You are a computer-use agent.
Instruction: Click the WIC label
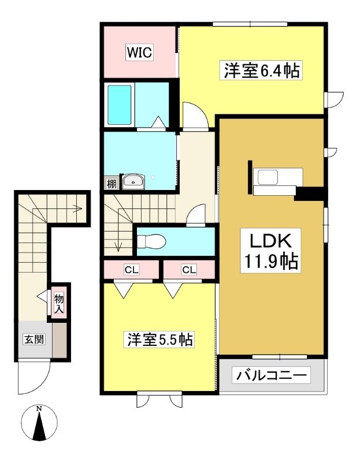(140, 53)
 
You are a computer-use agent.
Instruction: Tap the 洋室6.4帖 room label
(262, 70)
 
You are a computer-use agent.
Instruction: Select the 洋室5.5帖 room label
(160, 340)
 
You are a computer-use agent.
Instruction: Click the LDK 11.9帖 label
(270, 251)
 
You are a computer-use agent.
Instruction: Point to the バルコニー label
(271, 375)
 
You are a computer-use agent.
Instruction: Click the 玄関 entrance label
(34, 339)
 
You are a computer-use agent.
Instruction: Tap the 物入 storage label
(59, 304)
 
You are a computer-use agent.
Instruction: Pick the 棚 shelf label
(111, 184)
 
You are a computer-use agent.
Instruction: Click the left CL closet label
(132, 270)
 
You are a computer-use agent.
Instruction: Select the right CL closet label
(189, 270)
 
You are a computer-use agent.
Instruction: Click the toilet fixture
(151, 241)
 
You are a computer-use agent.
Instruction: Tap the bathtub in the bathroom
(120, 105)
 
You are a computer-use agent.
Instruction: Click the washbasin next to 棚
(133, 182)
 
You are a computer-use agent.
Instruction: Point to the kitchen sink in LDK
(268, 177)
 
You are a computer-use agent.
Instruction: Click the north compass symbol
(39, 423)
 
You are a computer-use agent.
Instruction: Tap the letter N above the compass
(39, 409)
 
